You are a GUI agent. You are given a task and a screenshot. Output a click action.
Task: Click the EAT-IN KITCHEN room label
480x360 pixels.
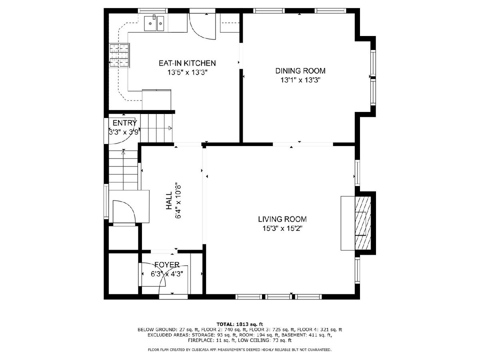click(x=187, y=63)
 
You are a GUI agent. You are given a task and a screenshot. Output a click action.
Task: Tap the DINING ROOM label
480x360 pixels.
click(x=300, y=71)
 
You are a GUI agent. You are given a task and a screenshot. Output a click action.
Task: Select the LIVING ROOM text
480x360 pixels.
click(x=282, y=219)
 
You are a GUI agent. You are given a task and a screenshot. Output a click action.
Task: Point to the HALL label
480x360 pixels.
click(x=169, y=200)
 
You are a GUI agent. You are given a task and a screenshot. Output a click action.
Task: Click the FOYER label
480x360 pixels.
click(x=167, y=265)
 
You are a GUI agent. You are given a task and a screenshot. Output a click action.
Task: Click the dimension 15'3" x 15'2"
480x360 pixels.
click(x=282, y=228)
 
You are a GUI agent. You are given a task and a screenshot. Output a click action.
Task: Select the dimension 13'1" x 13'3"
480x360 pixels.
click(x=300, y=80)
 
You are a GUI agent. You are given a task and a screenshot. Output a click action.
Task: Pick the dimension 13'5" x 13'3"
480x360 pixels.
click(x=187, y=72)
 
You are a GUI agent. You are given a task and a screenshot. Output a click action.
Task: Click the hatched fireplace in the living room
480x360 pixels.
click(x=363, y=223)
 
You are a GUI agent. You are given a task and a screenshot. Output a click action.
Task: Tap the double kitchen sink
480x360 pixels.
click(x=154, y=23)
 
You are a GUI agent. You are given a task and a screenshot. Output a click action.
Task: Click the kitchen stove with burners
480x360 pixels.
click(x=119, y=55)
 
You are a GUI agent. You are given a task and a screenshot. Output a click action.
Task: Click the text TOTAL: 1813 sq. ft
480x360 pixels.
click(x=240, y=324)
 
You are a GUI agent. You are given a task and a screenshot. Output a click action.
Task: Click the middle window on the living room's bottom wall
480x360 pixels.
click(x=278, y=297)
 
